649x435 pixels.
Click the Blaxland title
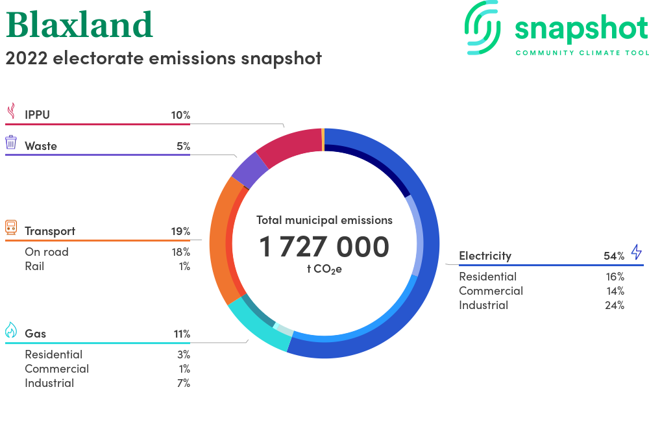coord(79,25)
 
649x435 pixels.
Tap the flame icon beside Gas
coord(11,330)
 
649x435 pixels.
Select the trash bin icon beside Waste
coord(11,142)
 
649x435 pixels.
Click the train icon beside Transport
coord(11,227)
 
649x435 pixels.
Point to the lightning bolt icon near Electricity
coord(637,252)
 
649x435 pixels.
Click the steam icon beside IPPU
coord(12,111)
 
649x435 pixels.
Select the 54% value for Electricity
coord(614,256)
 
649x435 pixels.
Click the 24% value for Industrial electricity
coord(614,305)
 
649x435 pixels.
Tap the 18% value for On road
coord(181,252)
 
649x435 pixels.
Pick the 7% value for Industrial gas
coord(184,383)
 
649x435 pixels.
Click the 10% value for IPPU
coord(180,115)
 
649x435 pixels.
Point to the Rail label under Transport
coord(34,266)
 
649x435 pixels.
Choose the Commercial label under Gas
coord(56,369)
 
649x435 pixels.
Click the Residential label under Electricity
coord(487,277)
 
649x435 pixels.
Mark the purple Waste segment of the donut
coord(250,169)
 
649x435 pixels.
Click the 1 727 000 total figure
coord(324,247)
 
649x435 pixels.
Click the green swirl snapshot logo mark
coord(482,27)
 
